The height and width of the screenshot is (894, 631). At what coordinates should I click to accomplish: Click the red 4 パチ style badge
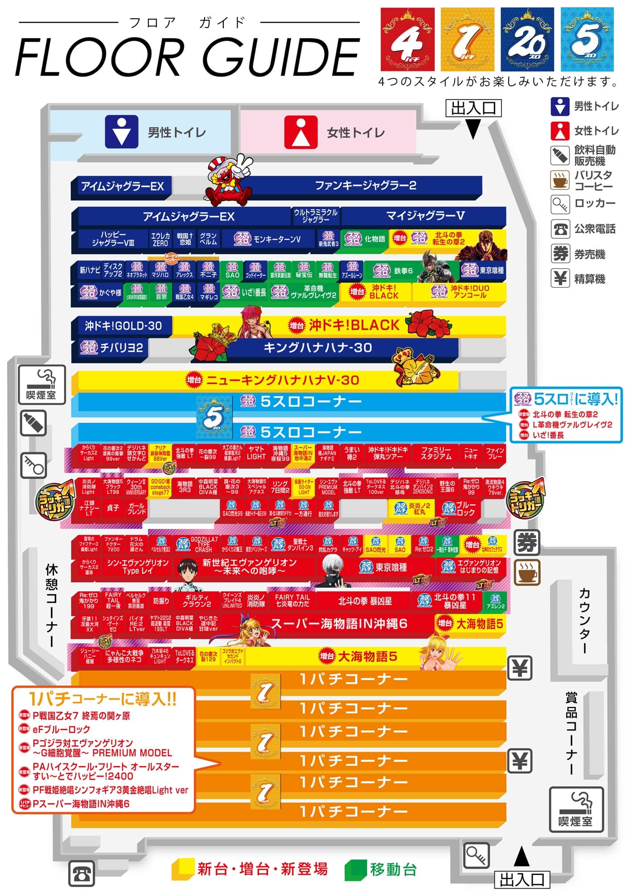(x=407, y=39)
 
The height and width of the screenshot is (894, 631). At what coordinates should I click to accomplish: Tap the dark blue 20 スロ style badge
(x=527, y=39)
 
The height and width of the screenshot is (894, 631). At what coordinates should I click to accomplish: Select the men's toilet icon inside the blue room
(x=121, y=132)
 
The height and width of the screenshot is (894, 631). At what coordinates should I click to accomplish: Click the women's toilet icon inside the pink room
(x=301, y=132)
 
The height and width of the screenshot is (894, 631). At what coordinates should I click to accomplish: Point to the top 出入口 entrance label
(x=473, y=108)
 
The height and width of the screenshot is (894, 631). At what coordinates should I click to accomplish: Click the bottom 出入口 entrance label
(x=522, y=880)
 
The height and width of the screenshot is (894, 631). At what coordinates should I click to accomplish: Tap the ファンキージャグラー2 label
(x=365, y=186)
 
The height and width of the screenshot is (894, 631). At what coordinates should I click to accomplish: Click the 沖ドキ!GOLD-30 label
(x=123, y=326)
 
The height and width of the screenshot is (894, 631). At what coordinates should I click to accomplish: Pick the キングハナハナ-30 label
(x=318, y=348)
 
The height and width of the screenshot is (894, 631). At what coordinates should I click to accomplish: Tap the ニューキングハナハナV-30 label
(x=282, y=380)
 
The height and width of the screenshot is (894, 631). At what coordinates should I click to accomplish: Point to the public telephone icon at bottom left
(x=81, y=873)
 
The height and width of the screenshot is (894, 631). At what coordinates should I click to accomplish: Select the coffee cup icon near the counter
(x=527, y=572)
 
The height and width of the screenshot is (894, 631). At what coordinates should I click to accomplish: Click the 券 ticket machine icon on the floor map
(x=527, y=543)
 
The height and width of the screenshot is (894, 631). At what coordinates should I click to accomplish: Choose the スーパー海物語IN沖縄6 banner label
(x=339, y=624)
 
